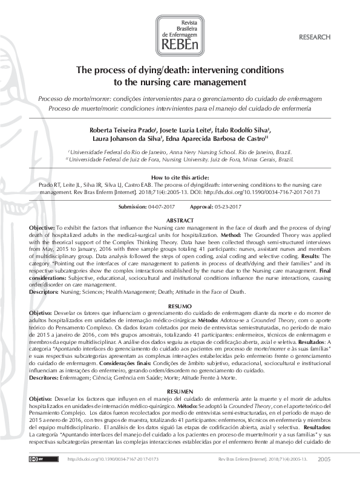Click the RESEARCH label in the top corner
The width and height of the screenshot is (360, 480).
coord(315,37)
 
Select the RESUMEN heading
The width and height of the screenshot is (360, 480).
coord(180,375)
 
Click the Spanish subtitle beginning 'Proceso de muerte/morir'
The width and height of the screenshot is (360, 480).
coord(180,108)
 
